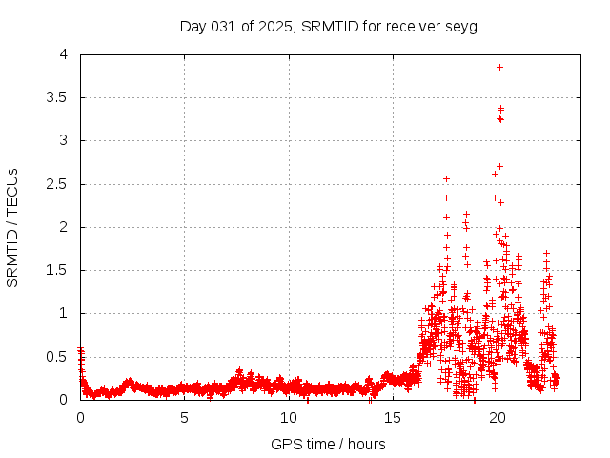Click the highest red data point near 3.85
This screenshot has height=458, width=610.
coord(499,67)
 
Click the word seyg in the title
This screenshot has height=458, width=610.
coord(460,26)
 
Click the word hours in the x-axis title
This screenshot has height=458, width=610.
coord(365,444)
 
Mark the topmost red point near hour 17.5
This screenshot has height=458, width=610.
coord(446,178)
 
